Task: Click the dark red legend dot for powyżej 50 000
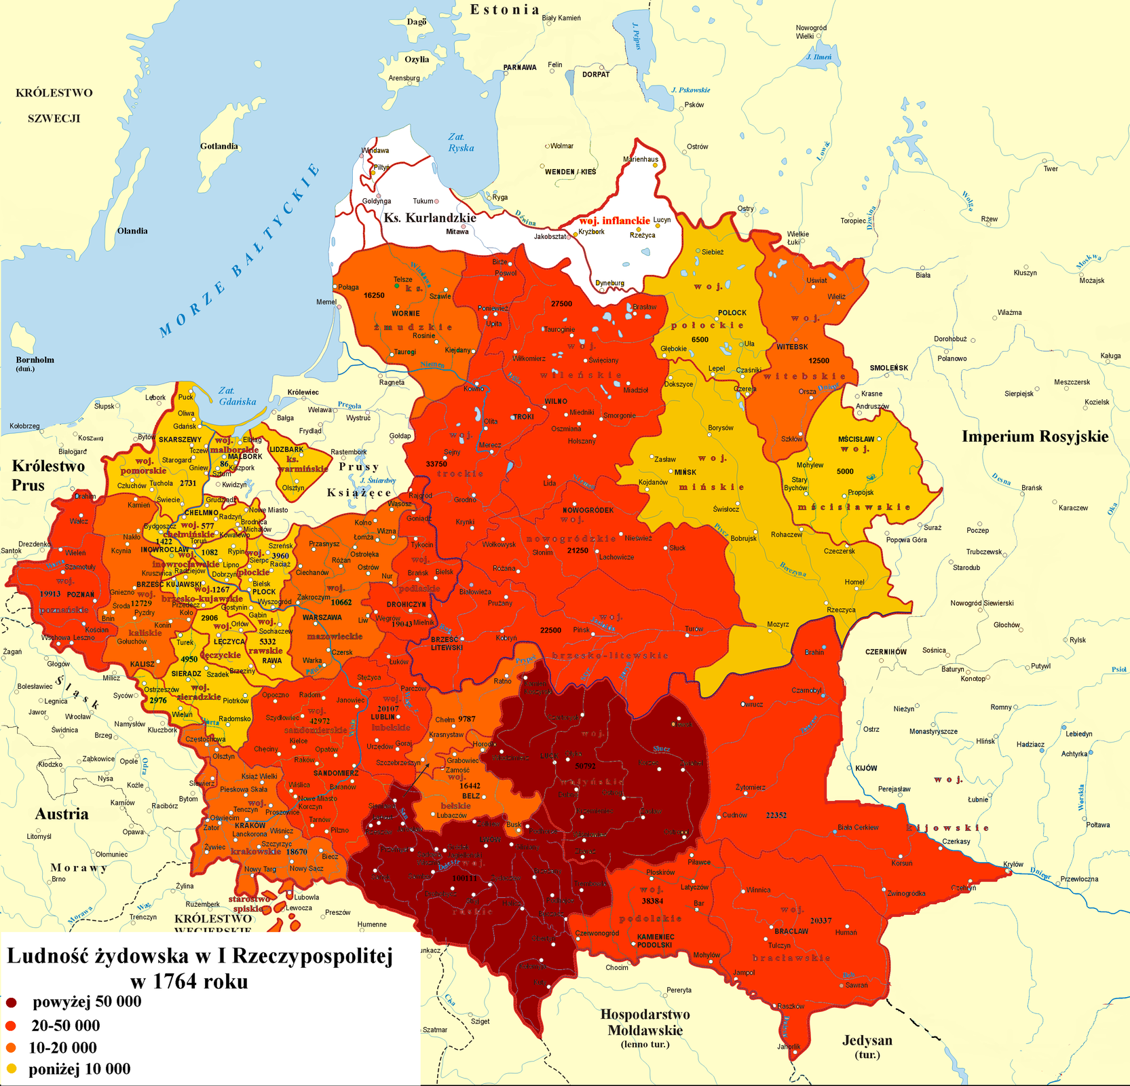[x=11, y=1003]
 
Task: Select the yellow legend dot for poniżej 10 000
[x=11, y=1069]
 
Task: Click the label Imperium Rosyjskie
[x=1034, y=436]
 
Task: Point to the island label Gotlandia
[x=219, y=146]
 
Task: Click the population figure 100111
[x=464, y=878]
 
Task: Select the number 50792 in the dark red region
[x=585, y=766]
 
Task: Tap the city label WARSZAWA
[x=322, y=618]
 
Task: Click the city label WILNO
[x=556, y=401]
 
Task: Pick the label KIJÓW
[x=866, y=768]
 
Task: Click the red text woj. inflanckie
[x=614, y=221]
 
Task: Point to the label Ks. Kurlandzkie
[x=430, y=218]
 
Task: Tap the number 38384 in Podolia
[x=652, y=901]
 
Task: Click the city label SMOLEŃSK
[x=888, y=368]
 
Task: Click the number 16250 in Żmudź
[x=374, y=295]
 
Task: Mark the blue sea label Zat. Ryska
[x=461, y=143]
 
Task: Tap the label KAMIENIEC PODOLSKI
[x=656, y=941]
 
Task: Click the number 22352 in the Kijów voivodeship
[x=776, y=815]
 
